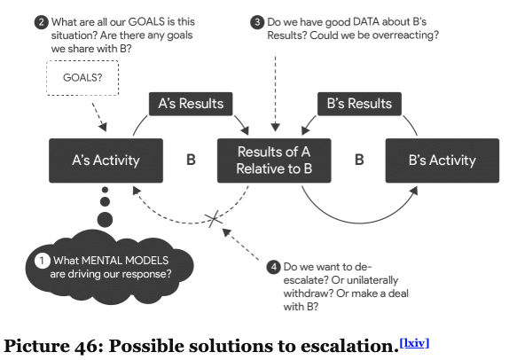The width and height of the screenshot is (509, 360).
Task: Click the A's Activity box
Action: point(106,160)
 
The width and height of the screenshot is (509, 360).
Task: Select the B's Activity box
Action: point(442,160)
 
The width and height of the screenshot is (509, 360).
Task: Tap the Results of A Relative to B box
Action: point(274,160)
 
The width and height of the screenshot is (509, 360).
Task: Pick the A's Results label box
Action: point(191,104)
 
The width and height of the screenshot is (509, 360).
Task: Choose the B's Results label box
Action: point(359,104)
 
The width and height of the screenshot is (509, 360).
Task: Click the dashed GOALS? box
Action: point(82,78)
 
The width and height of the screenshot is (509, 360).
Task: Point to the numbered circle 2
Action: point(41,22)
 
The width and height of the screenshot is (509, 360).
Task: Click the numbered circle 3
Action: point(257,22)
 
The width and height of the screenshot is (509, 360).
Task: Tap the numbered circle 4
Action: point(273,267)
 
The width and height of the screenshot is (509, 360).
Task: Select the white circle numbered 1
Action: point(43,261)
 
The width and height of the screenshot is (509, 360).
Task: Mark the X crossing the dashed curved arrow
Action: point(214,219)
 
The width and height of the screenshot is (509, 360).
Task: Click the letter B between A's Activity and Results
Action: point(191,160)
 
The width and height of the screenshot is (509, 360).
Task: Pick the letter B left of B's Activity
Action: point(359,160)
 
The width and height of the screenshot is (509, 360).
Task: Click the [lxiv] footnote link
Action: point(414,343)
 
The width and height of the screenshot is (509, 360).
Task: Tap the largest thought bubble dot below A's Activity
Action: point(105,219)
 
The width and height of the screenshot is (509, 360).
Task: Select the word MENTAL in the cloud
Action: point(102,261)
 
